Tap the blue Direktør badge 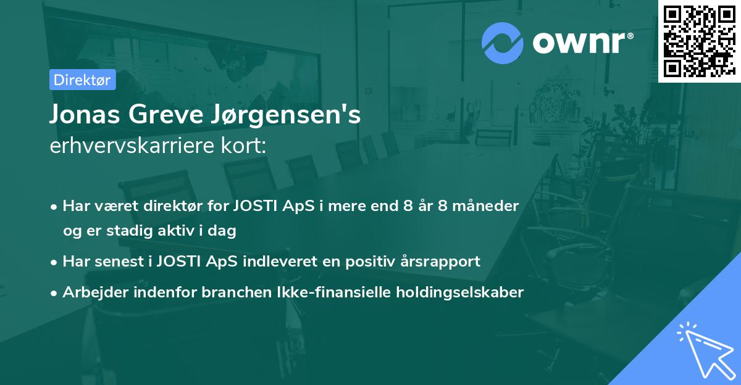(x=82, y=80)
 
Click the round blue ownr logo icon (x=502, y=43)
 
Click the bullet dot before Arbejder (x=55, y=293)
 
